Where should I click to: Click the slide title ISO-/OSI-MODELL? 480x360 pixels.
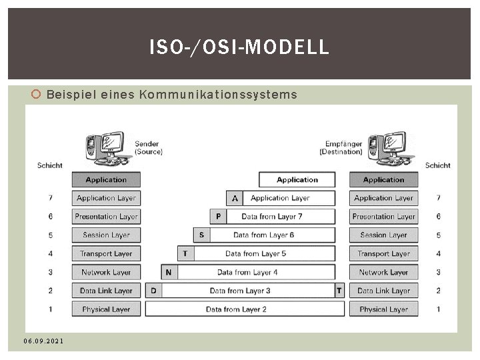(239, 47)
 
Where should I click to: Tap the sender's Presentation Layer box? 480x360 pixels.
(106, 216)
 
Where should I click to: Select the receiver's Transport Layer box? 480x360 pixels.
(383, 253)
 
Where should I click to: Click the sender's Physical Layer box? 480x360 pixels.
(106, 309)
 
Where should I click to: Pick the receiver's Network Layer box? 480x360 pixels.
(383, 272)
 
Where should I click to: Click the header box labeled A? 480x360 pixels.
(235, 198)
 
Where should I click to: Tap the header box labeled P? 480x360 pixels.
(218, 216)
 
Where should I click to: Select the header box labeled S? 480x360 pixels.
(201, 235)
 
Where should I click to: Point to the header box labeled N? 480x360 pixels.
(169, 272)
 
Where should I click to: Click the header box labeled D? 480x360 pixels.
(153, 291)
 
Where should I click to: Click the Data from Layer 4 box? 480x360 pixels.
(257, 272)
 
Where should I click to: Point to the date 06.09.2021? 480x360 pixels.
(43, 341)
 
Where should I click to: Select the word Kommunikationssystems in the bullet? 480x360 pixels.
(217, 95)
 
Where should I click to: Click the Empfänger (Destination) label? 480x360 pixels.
(343, 147)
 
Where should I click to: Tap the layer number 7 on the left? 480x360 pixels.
(51, 198)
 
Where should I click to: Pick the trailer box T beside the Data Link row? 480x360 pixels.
(339, 291)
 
